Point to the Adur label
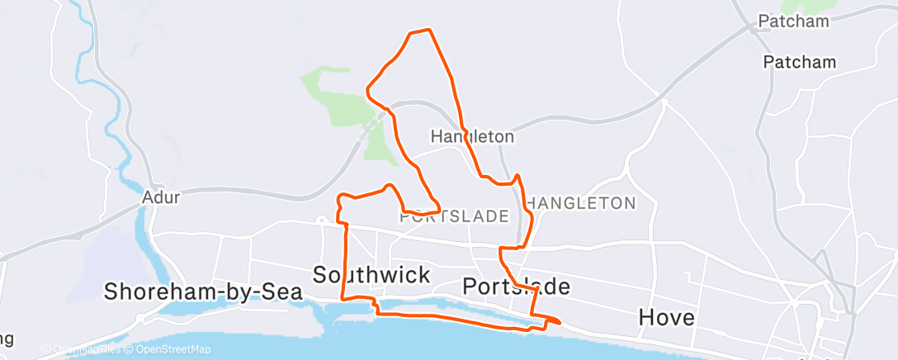pos(160,197)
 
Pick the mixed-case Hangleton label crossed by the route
pos(473,136)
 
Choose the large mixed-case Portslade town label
pos(516,287)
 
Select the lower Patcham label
pos(799,62)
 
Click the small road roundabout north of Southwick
pos(322,220)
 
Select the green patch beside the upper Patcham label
pos(825,6)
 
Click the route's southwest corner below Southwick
pos(343,298)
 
